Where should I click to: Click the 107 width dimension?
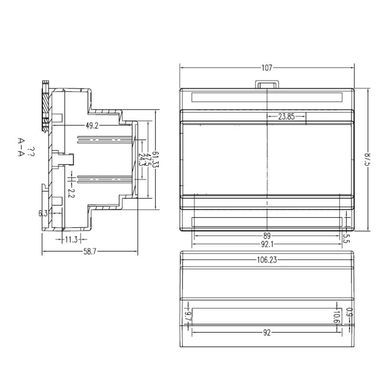click(267, 68)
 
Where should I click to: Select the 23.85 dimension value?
click(286, 116)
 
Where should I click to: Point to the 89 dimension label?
click(267, 235)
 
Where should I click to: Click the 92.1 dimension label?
click(267, 244)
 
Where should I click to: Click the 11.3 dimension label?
click(71, 240)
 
